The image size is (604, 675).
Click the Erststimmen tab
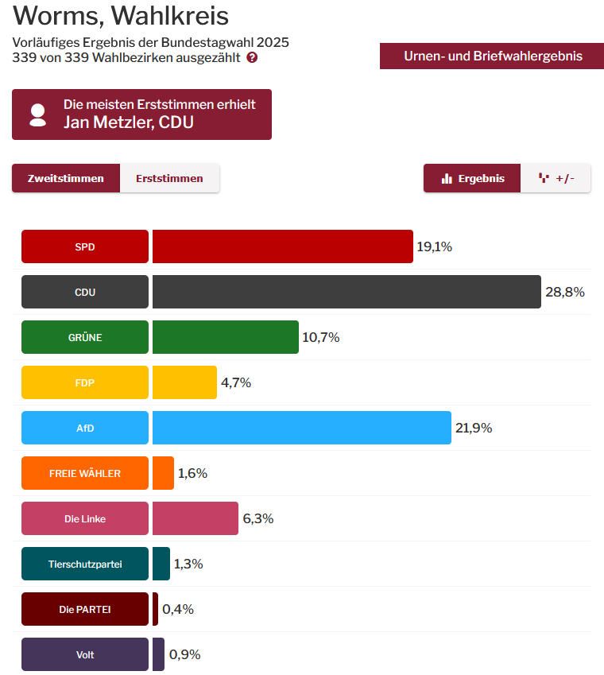click(x=169, y=178)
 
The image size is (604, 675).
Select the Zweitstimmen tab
click(x=66, y=178)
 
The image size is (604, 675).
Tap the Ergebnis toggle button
click(x=472, y=178)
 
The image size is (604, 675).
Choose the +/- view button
click(x=556, y=178)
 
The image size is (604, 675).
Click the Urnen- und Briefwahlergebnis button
click(x=492, y=56)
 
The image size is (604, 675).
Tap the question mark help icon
click(x=252, y=58)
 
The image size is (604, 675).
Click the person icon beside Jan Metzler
click(x=37, y=114)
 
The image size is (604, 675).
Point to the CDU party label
click(x=85, y=292)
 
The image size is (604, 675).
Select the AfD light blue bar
click(x=301, y=428)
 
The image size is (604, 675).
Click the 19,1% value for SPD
click(x=434, y=246)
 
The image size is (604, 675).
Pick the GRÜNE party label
click(x=85, y=337)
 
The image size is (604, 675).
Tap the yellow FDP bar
click(x=184, y=382)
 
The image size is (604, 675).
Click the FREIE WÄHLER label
click(x=85, y=473)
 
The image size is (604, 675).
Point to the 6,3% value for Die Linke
click(x=257, y=518)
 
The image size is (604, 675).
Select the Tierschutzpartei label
click(x=85, y=564)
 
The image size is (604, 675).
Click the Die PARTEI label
click(x=85, y=609)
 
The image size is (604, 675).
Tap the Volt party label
click(x=85, y=654)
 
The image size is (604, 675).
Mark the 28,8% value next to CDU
click(x=564, y=292)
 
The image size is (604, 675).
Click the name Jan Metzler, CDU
click(x=129, y=122)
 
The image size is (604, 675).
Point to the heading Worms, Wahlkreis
click(x=121, y=15)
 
